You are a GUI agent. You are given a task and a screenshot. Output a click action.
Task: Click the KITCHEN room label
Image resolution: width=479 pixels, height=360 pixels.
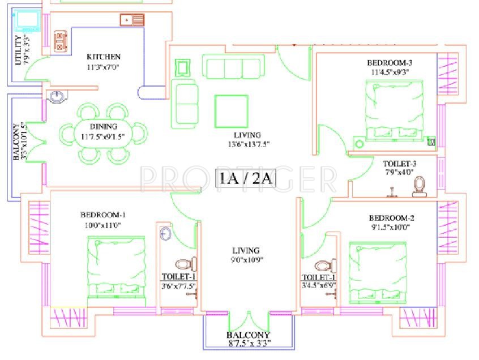103,57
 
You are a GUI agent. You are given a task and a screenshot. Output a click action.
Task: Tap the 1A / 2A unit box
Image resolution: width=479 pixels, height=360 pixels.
246,178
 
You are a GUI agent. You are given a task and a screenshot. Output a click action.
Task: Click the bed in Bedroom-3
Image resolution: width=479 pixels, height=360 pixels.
392,110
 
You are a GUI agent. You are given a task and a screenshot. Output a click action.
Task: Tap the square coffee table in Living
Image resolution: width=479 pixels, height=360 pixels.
231,111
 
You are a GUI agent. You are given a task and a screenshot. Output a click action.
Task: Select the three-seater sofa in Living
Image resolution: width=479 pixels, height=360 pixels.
232,67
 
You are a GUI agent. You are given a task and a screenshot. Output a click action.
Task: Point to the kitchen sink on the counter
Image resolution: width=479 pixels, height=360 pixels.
132,20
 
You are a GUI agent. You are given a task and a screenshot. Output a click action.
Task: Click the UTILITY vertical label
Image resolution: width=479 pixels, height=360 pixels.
19,50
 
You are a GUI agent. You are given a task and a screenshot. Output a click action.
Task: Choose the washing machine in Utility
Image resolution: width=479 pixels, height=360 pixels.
27,21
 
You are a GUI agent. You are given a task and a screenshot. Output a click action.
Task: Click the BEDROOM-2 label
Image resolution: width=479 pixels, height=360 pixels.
392,218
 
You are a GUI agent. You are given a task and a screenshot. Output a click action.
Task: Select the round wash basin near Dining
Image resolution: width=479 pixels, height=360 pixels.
56,97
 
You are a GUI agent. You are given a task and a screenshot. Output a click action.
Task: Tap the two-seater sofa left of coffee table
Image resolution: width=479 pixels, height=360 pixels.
185,102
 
